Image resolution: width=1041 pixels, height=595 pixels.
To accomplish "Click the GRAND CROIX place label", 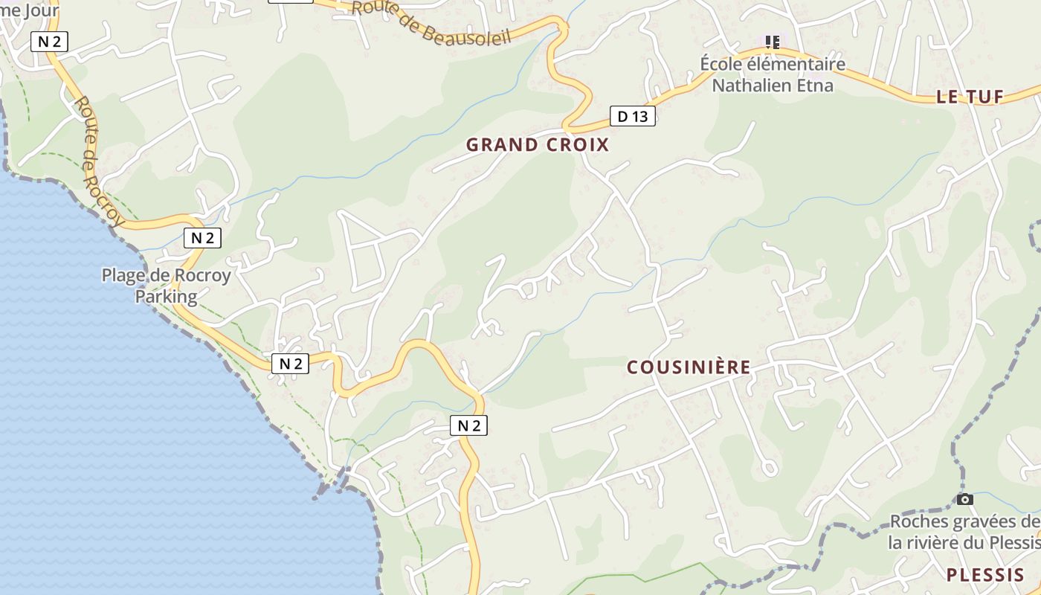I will pos(538,145).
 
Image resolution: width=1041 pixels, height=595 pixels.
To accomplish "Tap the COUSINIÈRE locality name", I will pos(689,367).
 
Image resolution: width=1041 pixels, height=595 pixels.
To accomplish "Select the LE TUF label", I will pos(970,97).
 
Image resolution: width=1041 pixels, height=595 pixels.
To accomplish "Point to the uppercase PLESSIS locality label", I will pos(985,575).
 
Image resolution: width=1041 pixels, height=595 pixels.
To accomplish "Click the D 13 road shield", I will pos(633,116).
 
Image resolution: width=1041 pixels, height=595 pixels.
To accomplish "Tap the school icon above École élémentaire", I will pos(773,42).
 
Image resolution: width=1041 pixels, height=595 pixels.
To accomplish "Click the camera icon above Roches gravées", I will pos(964,499).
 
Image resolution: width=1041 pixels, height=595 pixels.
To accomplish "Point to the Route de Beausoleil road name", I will pos(432,22).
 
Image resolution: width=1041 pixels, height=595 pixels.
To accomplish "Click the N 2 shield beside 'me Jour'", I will pos(49,42).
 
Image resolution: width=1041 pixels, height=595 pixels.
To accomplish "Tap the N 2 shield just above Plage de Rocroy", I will pos(202,238).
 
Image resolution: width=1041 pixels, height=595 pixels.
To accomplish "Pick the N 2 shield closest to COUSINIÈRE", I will pos(468,425).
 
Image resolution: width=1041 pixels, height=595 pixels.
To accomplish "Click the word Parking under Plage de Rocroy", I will pos(166,297).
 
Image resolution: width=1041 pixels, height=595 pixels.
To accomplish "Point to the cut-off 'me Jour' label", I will pos(28,10).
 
